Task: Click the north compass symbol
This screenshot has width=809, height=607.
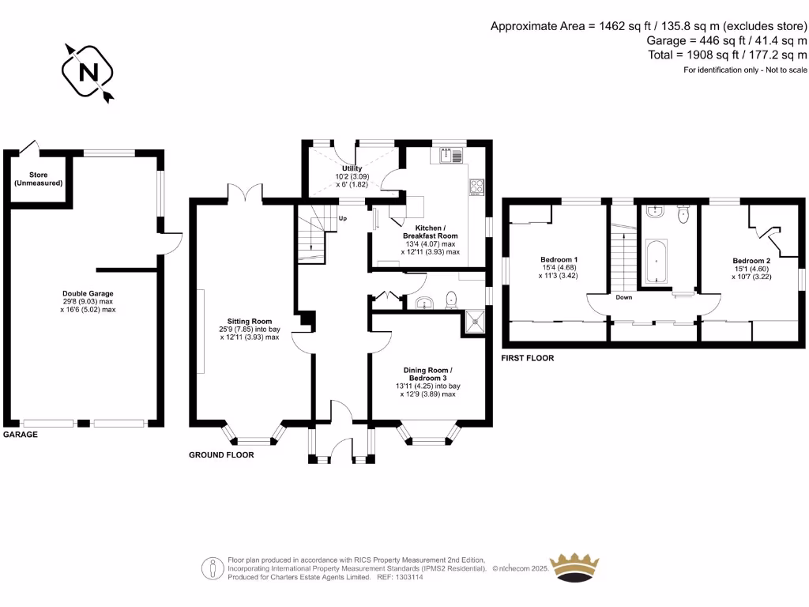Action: pyautogui.click(x=88, y=73)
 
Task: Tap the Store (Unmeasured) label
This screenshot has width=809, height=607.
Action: pyautogui.click(x=39, y=179)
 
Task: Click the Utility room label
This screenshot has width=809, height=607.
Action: pyautogui.click(x=352, y=168)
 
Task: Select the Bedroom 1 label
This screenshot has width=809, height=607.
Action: pyautogui.click(x=559, y=260)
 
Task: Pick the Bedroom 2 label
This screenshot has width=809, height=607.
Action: pyautogui.click(x=751, y=261)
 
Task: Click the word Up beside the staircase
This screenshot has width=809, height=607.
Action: pyautogui.click(x=343, y=218)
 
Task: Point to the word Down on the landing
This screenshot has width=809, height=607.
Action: pyautogui.click(x=623, y=298)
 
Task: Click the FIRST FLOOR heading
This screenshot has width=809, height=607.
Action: pyautogui.click(x=528, y=358)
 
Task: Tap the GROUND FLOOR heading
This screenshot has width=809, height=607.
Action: pyautogui.click(x=221, y=455)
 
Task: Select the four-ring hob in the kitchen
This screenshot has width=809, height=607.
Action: pyautogui.click(x=477, y=187)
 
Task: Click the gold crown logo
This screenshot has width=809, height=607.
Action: pyautogui.click(x=574, y=565)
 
